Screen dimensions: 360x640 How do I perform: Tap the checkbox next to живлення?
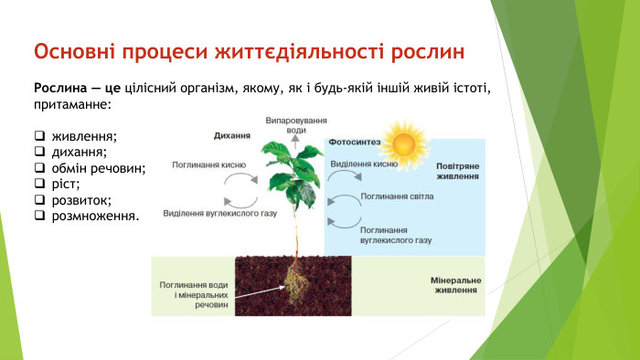[x=40, y=136]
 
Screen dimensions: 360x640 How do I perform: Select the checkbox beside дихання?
[x=40, y=152]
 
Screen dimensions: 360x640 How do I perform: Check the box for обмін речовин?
[x=40, y=168]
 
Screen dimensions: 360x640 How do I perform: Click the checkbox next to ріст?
[x=40, y=184]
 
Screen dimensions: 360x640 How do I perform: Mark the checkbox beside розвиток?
[x=40, y=200]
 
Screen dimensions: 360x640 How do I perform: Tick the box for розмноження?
[x=40, y=216]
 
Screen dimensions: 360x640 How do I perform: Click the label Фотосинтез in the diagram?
[x=355, y=143]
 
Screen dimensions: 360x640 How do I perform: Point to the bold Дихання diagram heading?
[x=231, y=134]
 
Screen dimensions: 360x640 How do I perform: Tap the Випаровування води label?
[x=295, y=125]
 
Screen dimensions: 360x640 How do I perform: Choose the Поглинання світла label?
[x=397, y=195]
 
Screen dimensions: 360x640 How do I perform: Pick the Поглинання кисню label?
[x=209, y=165]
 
